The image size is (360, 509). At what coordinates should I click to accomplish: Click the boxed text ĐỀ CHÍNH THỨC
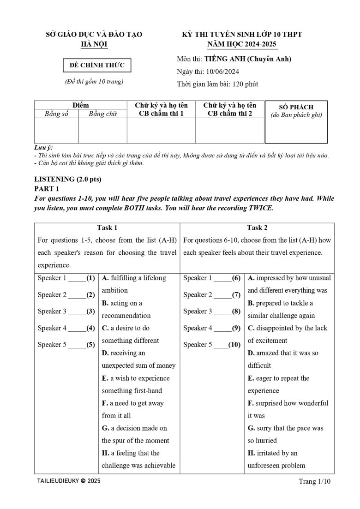coord(97,66)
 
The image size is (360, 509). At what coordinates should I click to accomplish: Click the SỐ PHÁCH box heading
coord(296,107)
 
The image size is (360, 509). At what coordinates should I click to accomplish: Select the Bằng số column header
coord(56,114)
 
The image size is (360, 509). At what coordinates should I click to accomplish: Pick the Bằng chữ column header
coord(102,114)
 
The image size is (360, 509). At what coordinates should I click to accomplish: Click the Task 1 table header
coord(107,228)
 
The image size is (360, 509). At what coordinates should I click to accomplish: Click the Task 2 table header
coord(257,228)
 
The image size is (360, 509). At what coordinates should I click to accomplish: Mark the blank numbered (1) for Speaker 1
coord(77,278)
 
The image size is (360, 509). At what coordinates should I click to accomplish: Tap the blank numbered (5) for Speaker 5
coord(77,345)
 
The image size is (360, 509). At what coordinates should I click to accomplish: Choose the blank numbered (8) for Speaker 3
coord(223,311)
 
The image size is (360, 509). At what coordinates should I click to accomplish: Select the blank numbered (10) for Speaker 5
coord(221,345)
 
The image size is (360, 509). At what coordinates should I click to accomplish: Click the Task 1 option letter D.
coord(105,353)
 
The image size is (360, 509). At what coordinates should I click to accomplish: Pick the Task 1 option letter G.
coord(105,428)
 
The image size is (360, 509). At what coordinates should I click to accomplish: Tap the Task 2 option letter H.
coord(251,453)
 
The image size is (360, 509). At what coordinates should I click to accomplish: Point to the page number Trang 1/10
coord(315,482)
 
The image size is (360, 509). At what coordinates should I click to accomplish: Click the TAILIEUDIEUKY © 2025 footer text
coord(68,481)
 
